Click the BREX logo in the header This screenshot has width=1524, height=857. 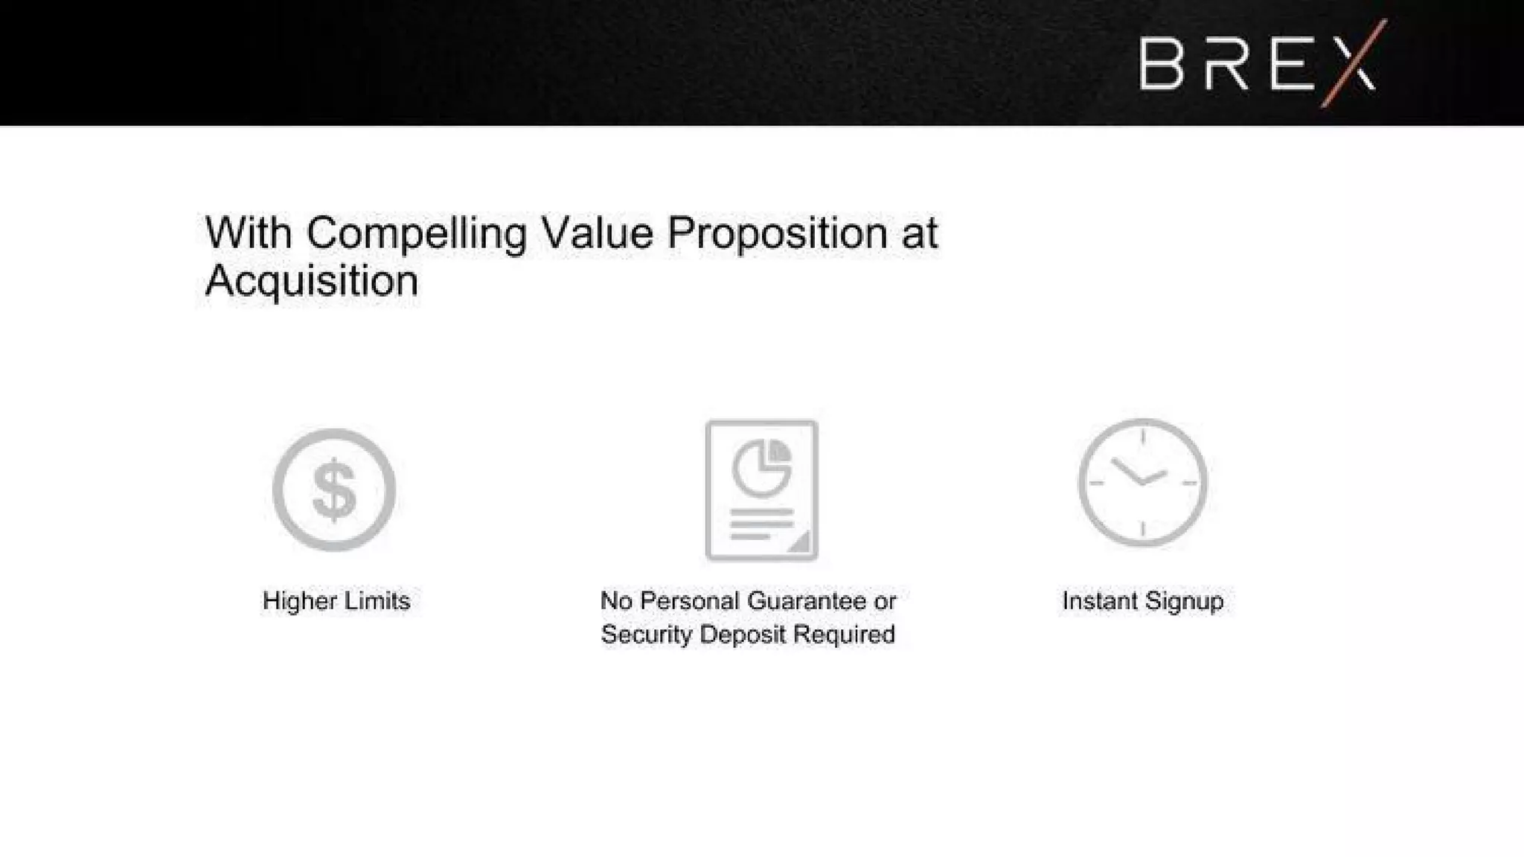click(1258, 64)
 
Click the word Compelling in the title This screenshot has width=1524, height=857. click(416, 234)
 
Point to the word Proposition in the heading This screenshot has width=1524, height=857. click(777, 234)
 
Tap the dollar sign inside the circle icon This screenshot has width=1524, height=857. click(334, 490)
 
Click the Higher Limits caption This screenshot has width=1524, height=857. click(336, 600)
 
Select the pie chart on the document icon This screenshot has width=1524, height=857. click(761, 468)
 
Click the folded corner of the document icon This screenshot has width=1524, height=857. click(801, 543)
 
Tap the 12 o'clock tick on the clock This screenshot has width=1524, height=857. click(1143, 436)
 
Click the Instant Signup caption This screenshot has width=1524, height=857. click(1142, 600)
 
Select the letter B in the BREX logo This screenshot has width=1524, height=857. click(1162, 64)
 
